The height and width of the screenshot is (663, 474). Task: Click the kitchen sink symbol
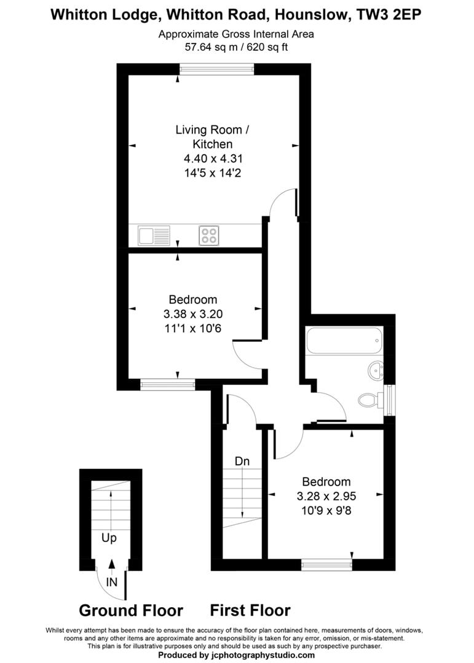pos(154,236)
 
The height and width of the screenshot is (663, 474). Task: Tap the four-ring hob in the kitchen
pos(209,236)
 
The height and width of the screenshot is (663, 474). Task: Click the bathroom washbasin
pos(376,370)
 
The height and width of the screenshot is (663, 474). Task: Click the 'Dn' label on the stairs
pos(242,461)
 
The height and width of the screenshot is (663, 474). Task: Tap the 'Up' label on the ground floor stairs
pos(109,538)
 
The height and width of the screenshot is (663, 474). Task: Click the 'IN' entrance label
pos(111,581)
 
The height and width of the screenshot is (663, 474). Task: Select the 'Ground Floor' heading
pos(131,610)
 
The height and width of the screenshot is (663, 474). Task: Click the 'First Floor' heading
pos(250,610)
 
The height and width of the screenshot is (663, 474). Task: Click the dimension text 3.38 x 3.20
pos(193,314)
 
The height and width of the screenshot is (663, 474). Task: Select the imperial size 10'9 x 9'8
pos(326,510)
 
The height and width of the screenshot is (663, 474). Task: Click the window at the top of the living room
pos(217,70)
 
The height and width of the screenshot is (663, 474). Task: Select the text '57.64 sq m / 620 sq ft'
pos(236,47)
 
